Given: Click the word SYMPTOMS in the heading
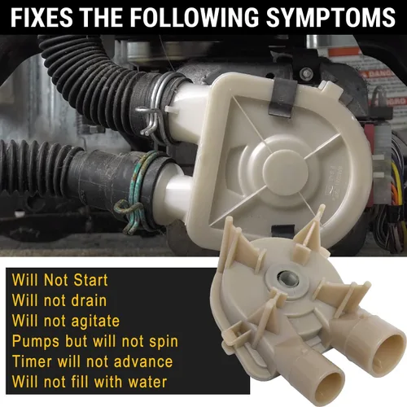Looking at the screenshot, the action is tap(330, 17).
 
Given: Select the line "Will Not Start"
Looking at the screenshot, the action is tap(59, 280).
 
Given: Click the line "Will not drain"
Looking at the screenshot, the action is tap(59, 300).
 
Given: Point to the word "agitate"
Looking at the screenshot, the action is tap(95, 322).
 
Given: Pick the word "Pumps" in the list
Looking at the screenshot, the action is tap(36, 342).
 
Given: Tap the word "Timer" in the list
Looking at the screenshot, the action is tap(32, 361).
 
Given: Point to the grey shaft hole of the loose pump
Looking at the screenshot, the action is tap(287, 280).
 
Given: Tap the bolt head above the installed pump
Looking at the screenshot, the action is tap(307, 72).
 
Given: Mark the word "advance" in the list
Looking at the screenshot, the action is tap(143, 361).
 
